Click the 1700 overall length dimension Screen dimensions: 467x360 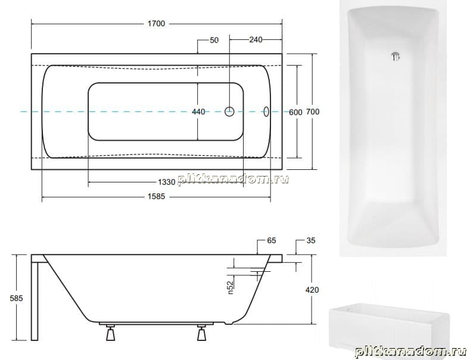(x=156, y=23)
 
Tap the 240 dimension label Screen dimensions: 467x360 (x=256, y=39)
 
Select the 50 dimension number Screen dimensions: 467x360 (x=214, y=40)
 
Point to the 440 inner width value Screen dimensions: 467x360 (x=198, y=112)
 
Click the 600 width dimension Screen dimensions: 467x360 (x=295, y=112)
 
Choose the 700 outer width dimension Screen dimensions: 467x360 (x=313, y=112)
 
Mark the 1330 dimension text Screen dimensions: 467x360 (x=167, y=182)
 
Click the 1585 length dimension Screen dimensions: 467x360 (x=156, y=197)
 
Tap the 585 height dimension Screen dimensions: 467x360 (x=16, y=298)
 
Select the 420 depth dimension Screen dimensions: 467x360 (x=312, y=290)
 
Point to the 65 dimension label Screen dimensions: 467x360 (x=272, y=240)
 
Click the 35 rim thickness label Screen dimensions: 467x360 (x=311, y=240)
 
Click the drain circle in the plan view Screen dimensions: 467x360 (x=229, y=111)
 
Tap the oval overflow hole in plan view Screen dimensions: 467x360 (x=266, y=112)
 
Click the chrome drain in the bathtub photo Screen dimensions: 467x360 (x=396, y=56)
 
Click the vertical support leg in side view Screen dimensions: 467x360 (x=35, y=302)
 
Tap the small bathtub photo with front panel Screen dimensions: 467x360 (x=388, y=328)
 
